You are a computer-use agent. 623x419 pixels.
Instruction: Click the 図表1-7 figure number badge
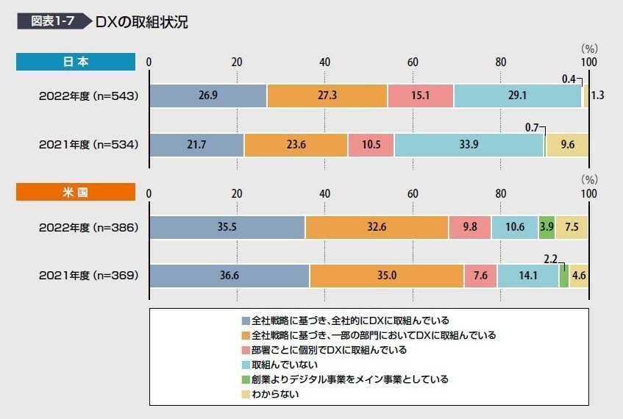point(51,21)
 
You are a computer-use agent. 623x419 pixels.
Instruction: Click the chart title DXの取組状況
point(141,22)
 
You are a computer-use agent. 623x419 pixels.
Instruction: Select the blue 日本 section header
point(76,62)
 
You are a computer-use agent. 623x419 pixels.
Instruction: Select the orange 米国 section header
point(76,193)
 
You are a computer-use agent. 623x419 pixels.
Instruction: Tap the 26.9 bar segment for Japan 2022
point(208,96)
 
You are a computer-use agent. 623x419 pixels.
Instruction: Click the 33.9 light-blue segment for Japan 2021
point(469,145)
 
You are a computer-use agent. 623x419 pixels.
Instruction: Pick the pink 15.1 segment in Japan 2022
point(421,96)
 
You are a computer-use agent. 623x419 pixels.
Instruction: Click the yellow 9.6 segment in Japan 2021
point(567,145)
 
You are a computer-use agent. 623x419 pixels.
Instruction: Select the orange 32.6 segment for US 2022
point(377,227)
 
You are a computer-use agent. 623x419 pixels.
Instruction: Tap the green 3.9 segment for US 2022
point(547,227)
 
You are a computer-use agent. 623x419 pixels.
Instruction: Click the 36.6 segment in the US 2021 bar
point(229,276)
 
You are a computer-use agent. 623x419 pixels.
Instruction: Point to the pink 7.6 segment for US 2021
point(480,276)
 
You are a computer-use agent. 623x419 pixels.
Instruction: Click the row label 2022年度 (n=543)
point(88,96)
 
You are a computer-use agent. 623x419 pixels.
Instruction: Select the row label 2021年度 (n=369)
point(88,276)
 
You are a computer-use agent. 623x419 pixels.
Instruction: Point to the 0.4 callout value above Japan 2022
point(569,79)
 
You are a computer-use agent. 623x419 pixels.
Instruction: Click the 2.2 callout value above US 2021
point(550,258)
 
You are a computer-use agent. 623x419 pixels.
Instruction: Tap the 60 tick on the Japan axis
point(413,62)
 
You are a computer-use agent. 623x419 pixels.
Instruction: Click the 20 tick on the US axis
point(237,193)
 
